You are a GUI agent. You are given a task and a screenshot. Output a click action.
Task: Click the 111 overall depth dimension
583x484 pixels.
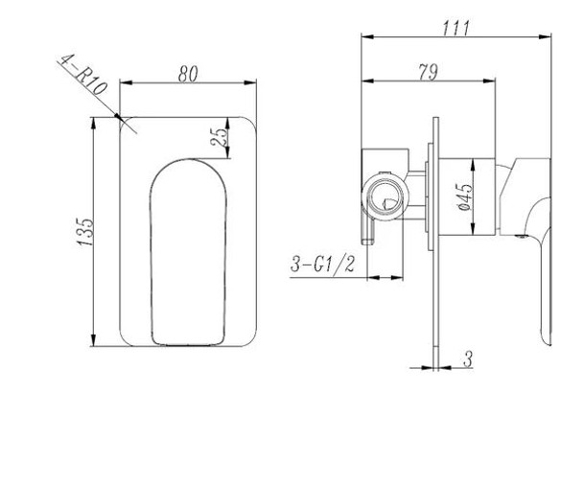click(456, 28)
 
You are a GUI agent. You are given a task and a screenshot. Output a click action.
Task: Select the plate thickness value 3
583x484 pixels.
click(467, 359)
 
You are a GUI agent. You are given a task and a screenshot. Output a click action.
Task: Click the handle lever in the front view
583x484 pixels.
click(188, 249)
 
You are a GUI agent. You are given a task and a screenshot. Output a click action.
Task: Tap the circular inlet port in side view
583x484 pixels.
click(385, 200)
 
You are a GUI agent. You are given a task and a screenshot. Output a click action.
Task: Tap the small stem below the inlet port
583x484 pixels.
click(367, 233)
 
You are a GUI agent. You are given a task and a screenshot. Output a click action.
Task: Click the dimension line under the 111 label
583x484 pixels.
click(456, 38)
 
